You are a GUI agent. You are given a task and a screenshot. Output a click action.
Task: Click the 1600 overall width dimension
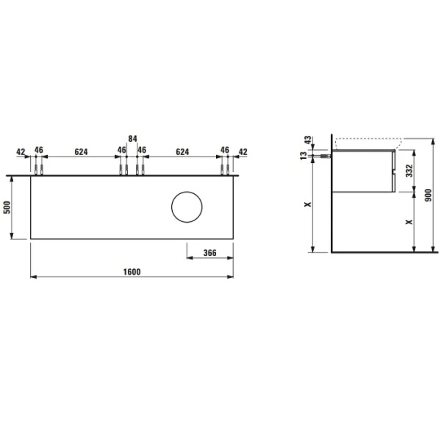[132, 272]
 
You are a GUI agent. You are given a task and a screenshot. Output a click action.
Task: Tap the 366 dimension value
[209, 253]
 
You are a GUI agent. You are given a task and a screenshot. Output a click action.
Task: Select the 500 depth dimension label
[7, 207]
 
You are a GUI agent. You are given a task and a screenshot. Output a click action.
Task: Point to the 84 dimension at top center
[132, 139]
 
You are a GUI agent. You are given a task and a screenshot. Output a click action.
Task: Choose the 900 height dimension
[428, 196]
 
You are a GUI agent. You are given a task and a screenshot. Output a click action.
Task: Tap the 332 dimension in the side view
[409, 171]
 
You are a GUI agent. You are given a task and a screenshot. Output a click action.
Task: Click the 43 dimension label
[308, 140]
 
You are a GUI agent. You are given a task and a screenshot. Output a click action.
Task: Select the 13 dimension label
[304, 156]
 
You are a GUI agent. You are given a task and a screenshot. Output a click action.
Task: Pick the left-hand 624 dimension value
[81, 152]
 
